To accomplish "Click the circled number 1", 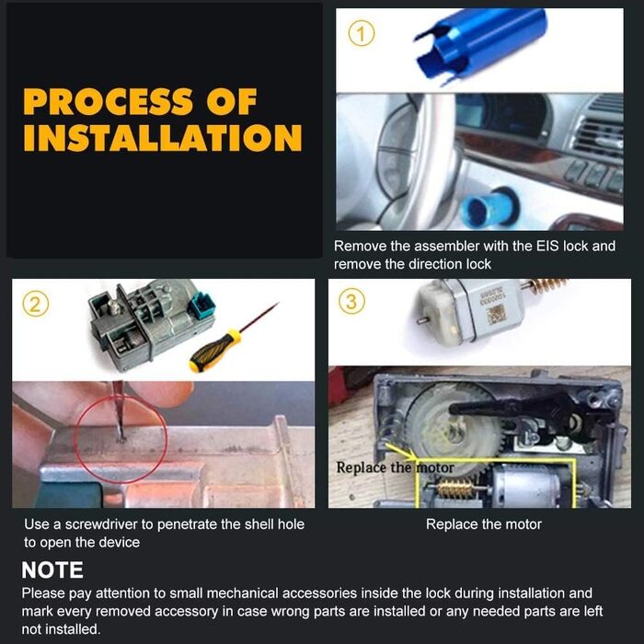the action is pyautogui.click(x=362, y=34).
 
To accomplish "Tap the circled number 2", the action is pyautogui.click(x=36, y=305).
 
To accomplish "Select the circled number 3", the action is pyautogui.click(x=351, y=301).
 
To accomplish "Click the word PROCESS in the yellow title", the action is pyautogui.click(x=108, y=101).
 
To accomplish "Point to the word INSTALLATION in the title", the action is pyautogui.click(x=163, y=137).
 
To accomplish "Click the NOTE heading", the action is pyautogui.click(x=52, y=570).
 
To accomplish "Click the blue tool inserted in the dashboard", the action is pyautogui.click(x=488, y=207).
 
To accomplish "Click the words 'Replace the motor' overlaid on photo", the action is pyautogui.click(x=395, y=467).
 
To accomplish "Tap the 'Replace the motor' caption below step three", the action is pyautogui.click(x=484, y=524).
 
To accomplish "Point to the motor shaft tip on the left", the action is pyautogui.click(x=419, y=320).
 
